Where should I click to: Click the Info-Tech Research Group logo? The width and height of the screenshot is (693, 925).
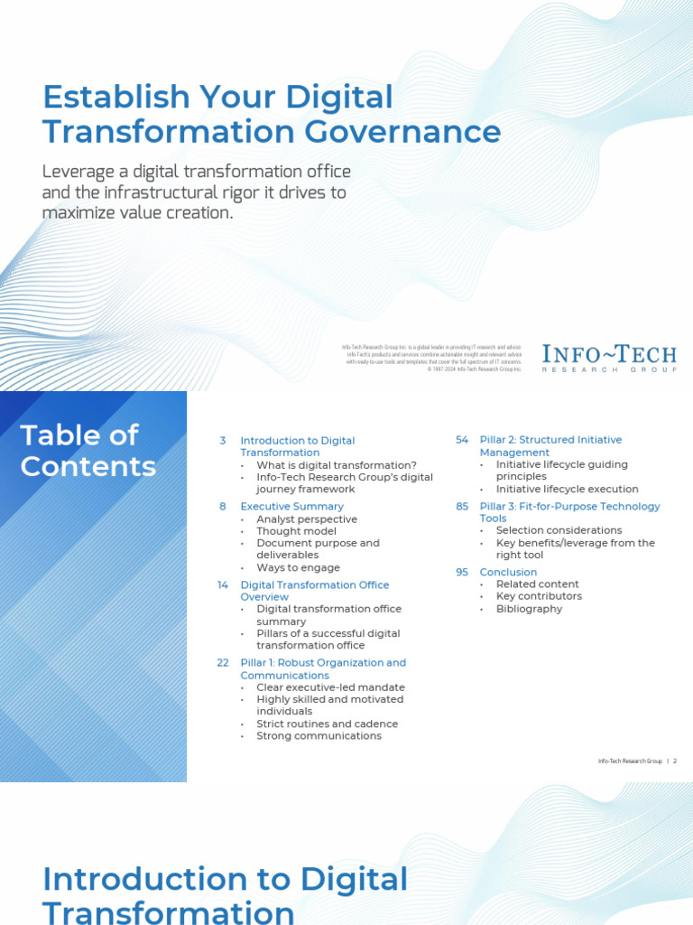(x=608, y=358)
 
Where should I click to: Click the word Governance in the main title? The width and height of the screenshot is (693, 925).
(x=402, y=132)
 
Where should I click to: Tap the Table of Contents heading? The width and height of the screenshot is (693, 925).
(x=88, y=451)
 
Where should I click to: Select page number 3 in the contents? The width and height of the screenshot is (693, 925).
(x=223, y=441)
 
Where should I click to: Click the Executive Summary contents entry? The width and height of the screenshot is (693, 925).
(x=291, y=507)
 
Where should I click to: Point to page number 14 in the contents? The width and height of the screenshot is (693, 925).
(x=223, y=585)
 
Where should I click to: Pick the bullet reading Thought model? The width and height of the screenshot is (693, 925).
(x=296, y=531)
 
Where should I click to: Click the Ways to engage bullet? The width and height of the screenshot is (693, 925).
(x=298, y=567)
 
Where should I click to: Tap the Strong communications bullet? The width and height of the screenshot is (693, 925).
(x=319, y=735)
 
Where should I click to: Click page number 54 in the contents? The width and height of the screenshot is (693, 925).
(x=462, y=440)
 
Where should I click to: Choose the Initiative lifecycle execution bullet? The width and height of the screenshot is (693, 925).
(x=567, y=489)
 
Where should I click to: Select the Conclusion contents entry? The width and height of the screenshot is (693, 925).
(x=508, y=573)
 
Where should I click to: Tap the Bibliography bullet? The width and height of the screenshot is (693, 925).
(x=529, y=609)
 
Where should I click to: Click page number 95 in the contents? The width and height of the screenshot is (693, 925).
(x=462, y=573)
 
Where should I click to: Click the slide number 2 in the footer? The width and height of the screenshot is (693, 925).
(x=674, y=761)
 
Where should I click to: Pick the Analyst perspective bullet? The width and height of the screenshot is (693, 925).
(x=307, y=519)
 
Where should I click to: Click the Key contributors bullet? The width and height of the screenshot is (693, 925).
(x=539, y=596)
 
